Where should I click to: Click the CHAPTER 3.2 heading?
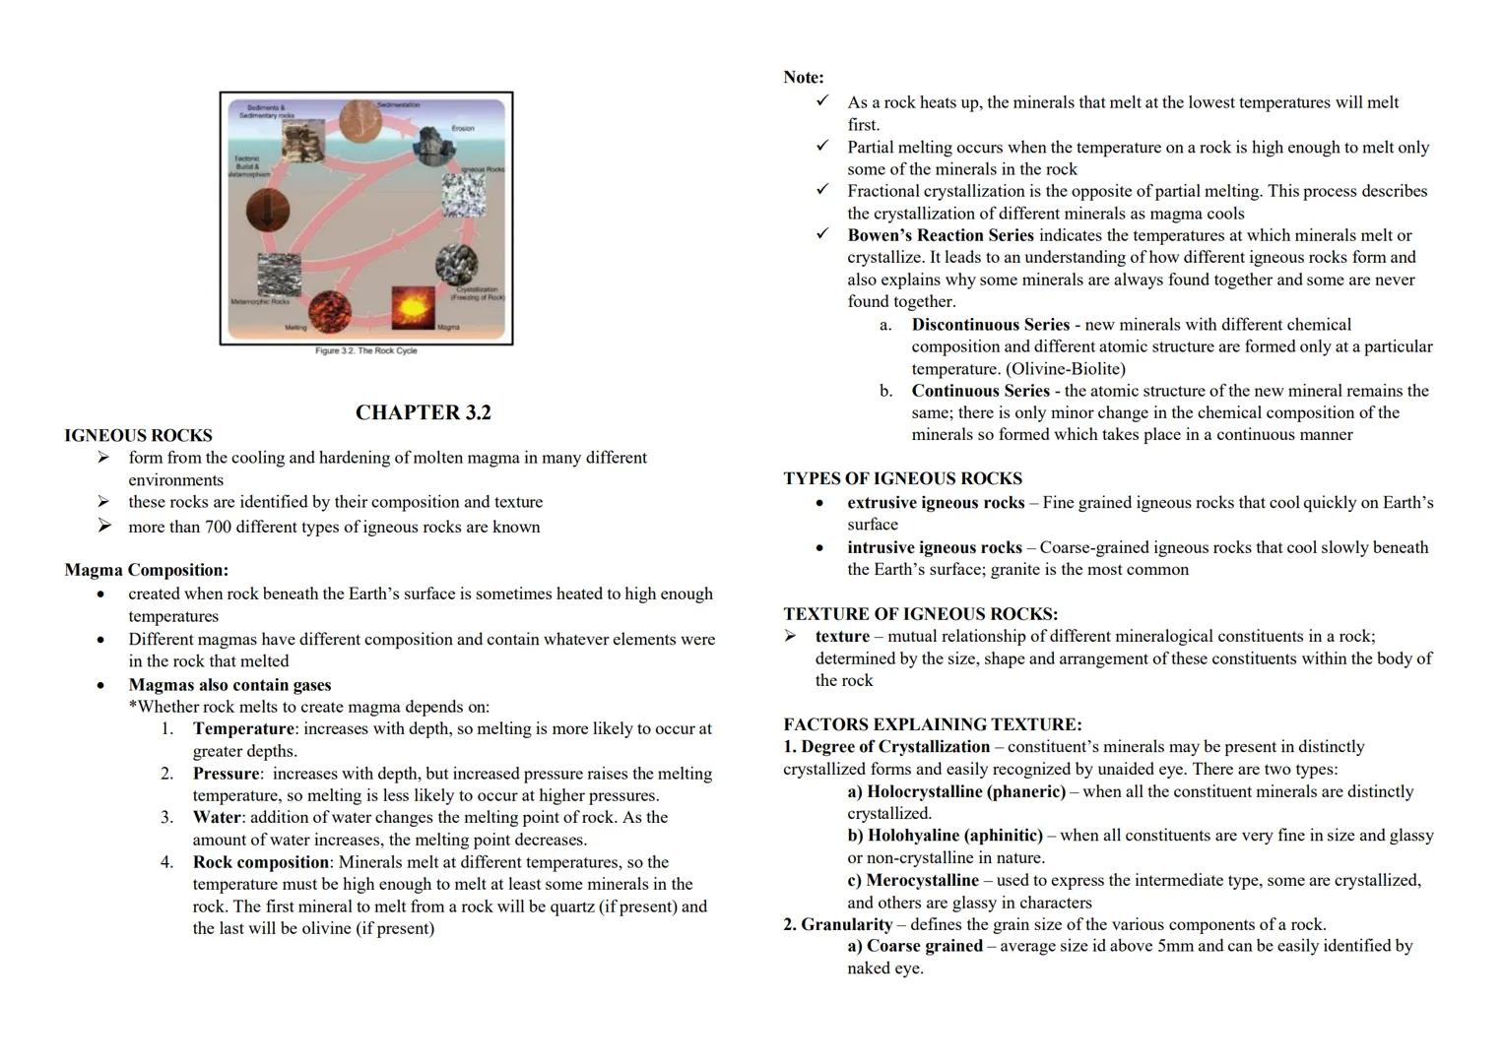click(423, 412)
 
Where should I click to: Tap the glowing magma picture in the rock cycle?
click(412, 307)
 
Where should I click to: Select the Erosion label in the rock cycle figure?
click(462, 128)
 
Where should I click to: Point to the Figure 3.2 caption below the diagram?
click(365, 350)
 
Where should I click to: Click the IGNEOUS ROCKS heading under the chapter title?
click(138, 435)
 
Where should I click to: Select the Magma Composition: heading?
click(146, 570)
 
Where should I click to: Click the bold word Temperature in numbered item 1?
click(242, 729)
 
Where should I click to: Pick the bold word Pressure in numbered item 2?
click(226, 774)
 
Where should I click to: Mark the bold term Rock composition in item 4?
click(261, 862)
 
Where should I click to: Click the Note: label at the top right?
click(803, 77)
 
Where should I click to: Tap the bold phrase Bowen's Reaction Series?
click(940, 235)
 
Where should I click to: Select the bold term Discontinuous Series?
click(990, 325)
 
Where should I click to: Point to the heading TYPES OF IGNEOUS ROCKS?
click(902, 478)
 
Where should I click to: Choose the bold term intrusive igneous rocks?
click(934, 547)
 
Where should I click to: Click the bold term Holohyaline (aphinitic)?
click(954, 836)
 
